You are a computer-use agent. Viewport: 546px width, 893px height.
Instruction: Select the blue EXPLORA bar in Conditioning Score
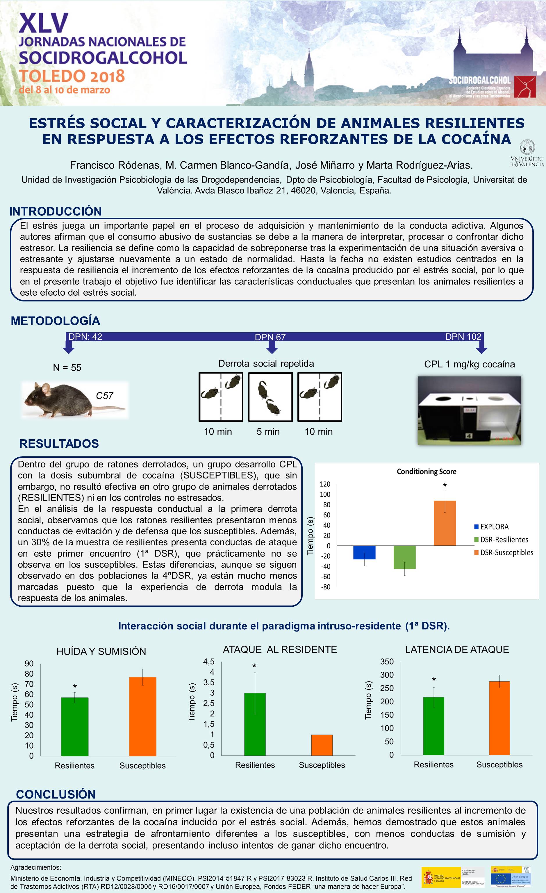point(364,552)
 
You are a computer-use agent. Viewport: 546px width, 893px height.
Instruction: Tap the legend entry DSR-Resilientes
point(504,540)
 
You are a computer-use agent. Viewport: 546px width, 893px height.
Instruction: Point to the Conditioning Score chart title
point(426,471)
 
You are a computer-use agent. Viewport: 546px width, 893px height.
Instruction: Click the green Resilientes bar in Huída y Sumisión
point(75,727)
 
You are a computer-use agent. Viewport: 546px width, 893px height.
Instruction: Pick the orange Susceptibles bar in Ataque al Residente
point(322,745)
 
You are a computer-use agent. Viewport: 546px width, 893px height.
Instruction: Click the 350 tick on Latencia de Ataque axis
point(387,661)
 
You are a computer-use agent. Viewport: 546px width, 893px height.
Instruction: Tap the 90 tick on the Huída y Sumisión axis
point(29,664)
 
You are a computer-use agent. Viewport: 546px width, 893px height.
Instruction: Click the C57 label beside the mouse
point(105,396)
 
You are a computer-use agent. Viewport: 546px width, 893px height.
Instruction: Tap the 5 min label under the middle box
point(268,432)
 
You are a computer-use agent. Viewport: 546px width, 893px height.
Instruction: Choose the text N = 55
point(67,367)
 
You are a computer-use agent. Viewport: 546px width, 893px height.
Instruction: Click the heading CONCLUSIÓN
point(56,794)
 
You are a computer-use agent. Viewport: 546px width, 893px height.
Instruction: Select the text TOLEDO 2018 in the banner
point(72,76)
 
